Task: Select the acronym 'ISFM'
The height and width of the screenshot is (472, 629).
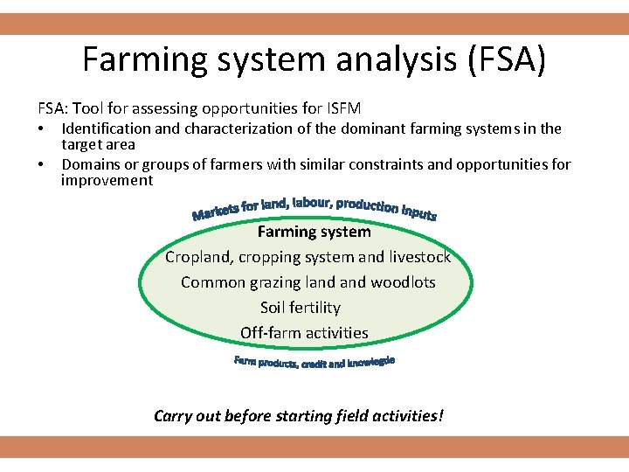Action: point(342,108)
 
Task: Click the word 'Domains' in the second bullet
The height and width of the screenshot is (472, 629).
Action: point(90,164)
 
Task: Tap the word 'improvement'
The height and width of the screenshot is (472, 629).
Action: point(107,181)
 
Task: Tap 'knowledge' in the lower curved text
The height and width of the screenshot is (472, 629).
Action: point(371,362)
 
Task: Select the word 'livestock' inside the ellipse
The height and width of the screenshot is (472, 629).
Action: point(419,257)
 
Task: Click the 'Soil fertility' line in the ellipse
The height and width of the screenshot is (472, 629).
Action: point(300,308)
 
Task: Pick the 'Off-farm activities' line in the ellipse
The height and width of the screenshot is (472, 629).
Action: point(304,333)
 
